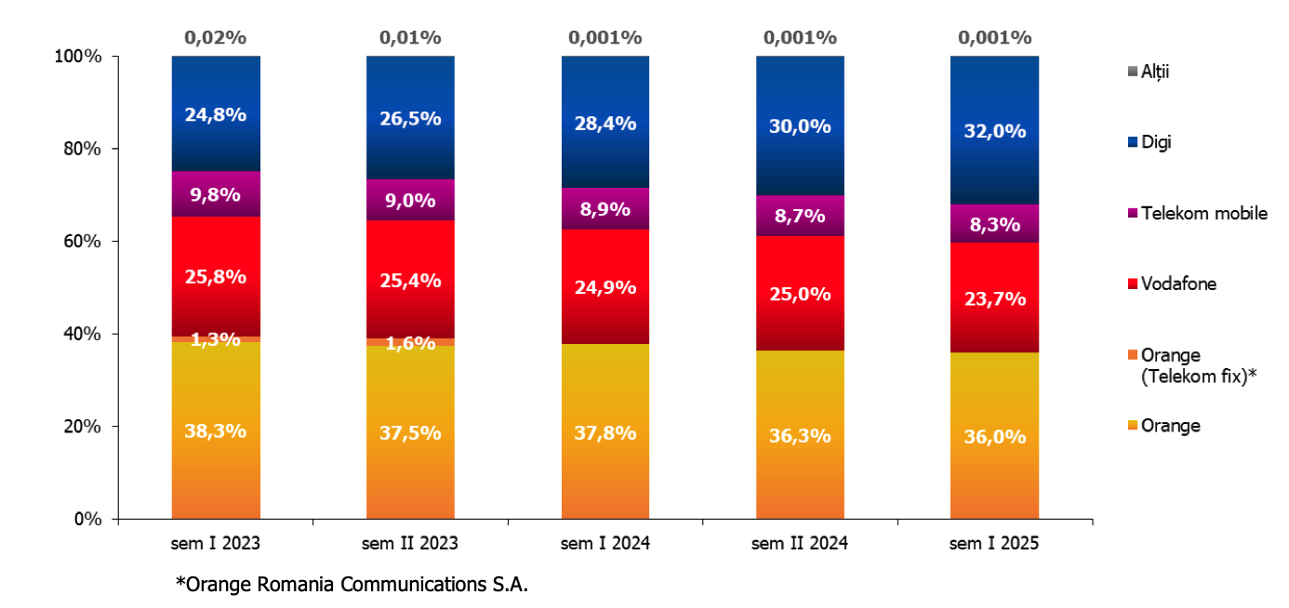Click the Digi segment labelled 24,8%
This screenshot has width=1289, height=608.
(x=216, y=114)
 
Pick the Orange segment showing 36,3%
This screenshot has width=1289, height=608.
(x=800, y=434)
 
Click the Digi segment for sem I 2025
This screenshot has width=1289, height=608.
(x=994, y=130)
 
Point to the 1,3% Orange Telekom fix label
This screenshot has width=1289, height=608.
(x=216, y=339)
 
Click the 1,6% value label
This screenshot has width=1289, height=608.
(x=410, y=343)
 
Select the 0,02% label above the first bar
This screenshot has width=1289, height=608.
(x=216, y=38)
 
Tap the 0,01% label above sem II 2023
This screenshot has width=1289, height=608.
(x=410, y=38)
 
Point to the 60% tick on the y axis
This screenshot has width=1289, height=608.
(x=82, y=242)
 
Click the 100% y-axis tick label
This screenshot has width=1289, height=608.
(x=78, y=57)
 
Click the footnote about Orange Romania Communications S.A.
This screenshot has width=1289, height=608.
(x=352, y=585)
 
